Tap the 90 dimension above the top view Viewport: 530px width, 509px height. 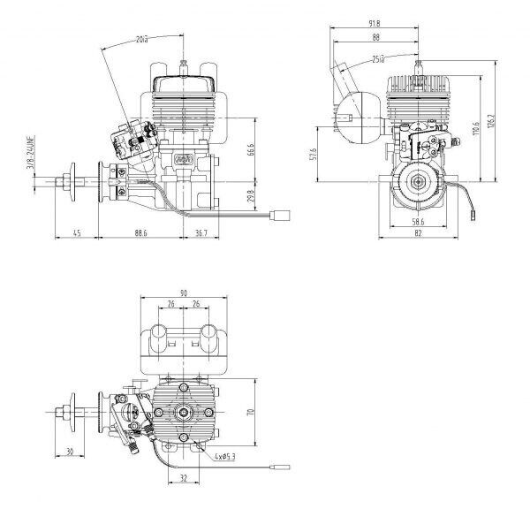[x=184, y=293]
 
